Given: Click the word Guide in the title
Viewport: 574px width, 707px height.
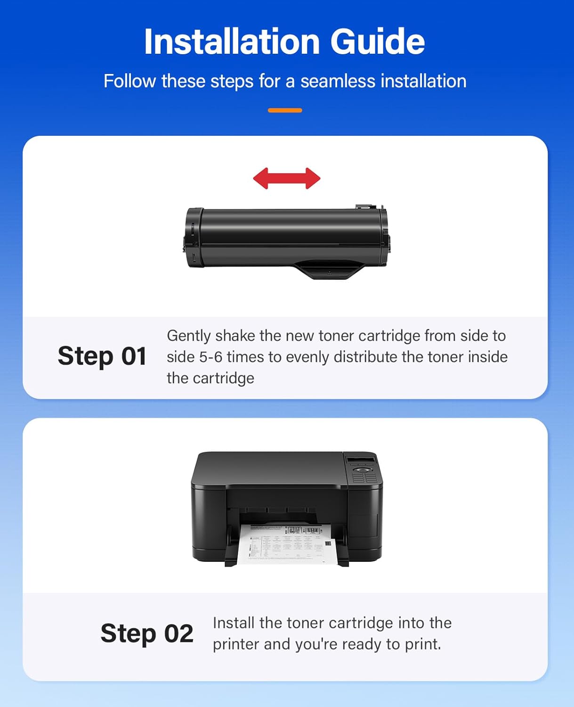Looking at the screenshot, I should (x=377, y=41).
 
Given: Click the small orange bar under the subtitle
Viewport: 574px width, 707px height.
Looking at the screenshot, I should (x=285, y=110).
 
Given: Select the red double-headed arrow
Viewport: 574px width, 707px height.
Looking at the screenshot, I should (x=287, y=179).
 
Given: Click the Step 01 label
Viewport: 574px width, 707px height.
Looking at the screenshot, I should (x=102, y=356).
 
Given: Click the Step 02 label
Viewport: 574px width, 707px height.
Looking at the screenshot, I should (x=147, y=633).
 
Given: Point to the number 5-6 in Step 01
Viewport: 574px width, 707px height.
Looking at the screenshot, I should (x=210, y=357).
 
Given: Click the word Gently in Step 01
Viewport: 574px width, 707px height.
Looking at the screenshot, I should (x=189, y=336).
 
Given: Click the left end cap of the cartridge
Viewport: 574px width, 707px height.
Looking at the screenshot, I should (x=194, y=238).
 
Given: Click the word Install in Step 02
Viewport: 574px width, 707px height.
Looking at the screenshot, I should (x=234, y=623).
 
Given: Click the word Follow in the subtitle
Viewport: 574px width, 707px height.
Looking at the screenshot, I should (x=129, y=81).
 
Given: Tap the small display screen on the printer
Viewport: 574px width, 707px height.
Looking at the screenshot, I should (x=361, y=459).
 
